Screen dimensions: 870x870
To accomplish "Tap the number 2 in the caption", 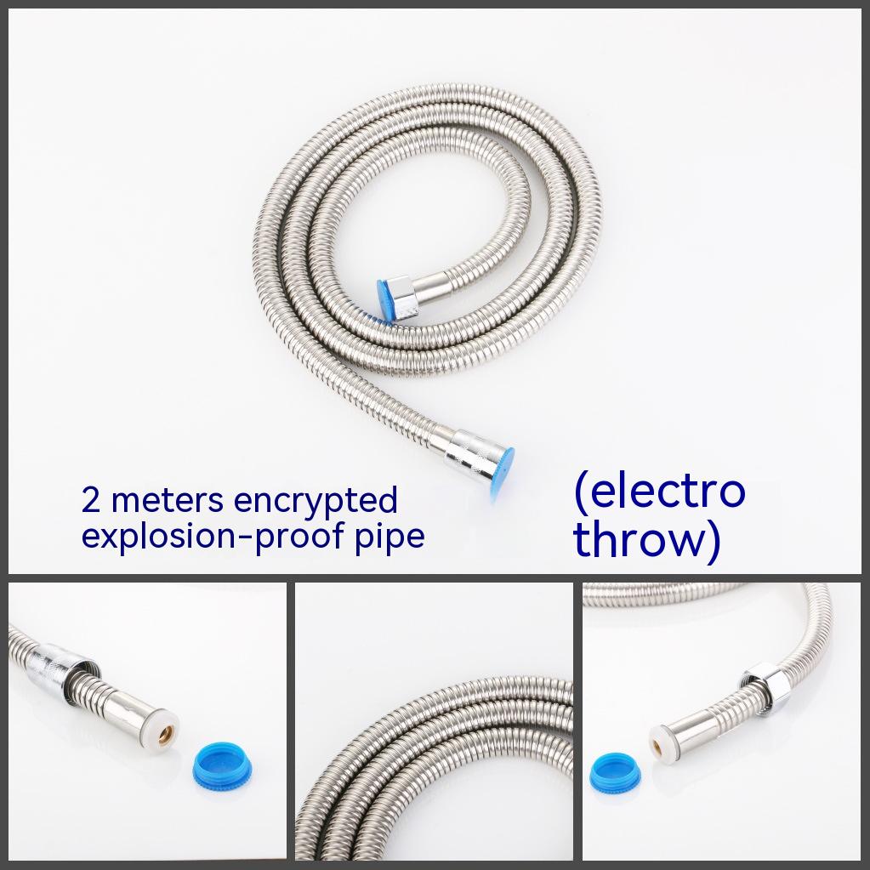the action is [x=90, y=500].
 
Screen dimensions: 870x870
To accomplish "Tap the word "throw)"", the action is [x=647, y=539].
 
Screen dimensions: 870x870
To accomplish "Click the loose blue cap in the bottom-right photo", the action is [x=615, y=773].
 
